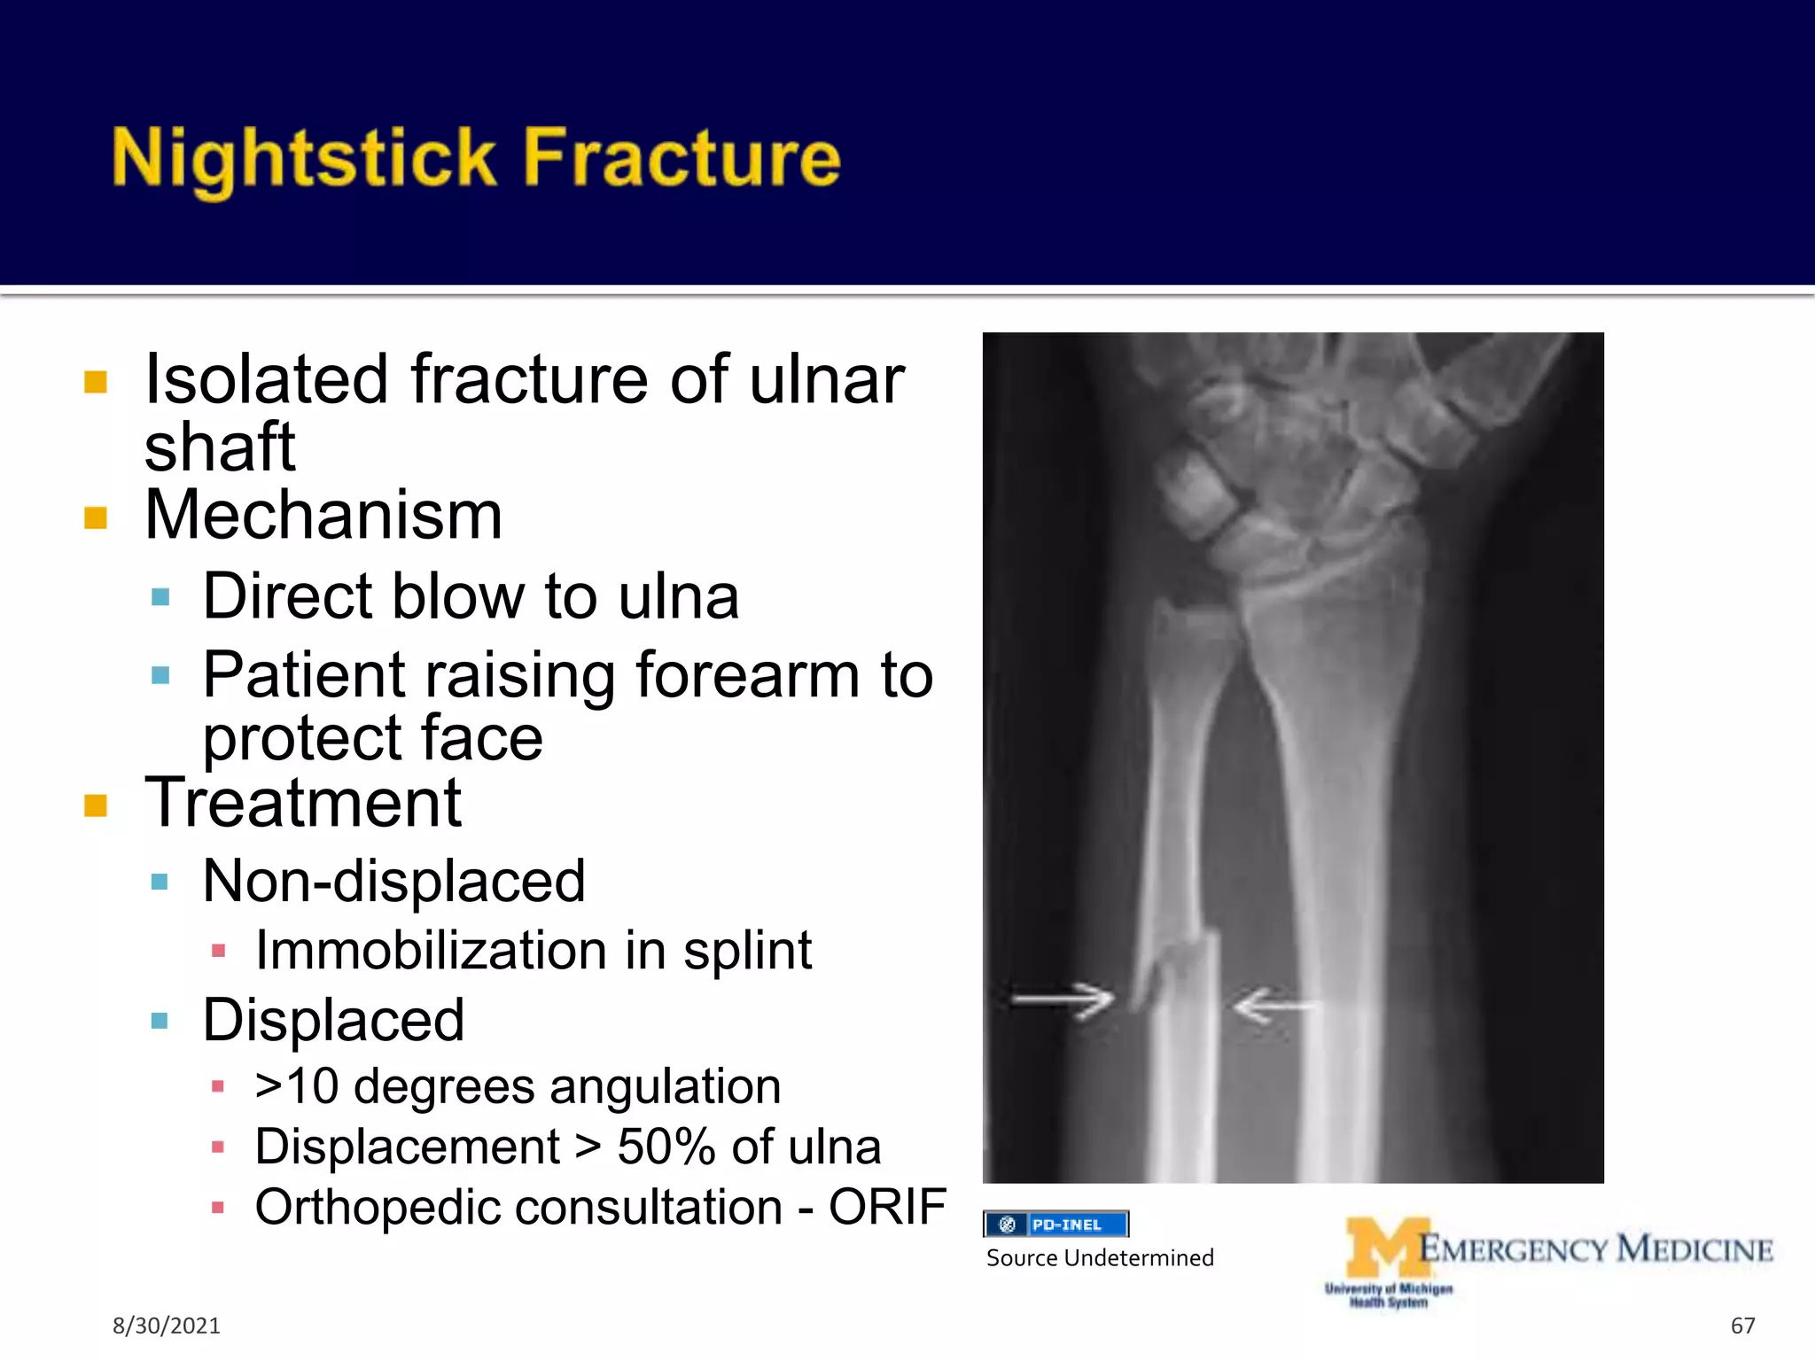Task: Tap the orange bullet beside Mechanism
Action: [96, 517]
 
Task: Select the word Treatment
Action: [303, 803]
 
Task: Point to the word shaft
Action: [219, 447]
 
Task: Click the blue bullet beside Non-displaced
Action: [160, 882]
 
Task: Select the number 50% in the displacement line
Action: [666, 1147]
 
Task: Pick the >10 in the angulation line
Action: [296, 1086]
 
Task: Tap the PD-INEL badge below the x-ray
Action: [1056, 1225]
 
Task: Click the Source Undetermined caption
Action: [1100, 1258]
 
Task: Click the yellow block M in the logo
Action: [1385, 1248]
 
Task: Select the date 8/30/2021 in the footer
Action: [166, 1326]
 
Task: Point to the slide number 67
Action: [1742, 1326]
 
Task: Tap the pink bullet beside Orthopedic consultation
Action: [218, 1207]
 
